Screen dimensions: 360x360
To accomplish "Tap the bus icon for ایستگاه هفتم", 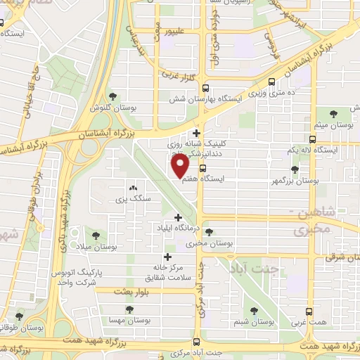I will pos(202,169).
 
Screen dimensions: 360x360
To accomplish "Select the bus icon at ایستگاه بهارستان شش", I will pos(205,89).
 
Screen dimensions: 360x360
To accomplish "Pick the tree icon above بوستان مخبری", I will pos(208,233).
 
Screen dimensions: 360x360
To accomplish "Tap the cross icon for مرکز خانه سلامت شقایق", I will pos(167,257).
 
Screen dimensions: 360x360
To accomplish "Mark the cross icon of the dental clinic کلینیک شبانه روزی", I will pos(196,133).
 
